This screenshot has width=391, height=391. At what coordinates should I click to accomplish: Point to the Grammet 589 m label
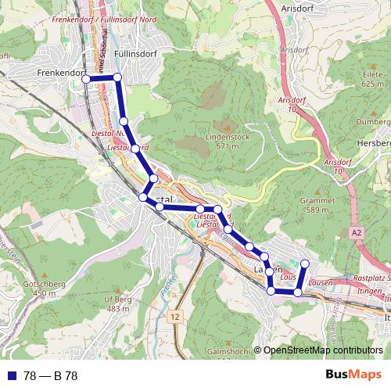pos(316,205)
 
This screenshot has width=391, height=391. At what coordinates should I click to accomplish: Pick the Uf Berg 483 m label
pos(118,303)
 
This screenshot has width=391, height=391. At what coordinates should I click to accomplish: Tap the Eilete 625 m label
pos(372,77)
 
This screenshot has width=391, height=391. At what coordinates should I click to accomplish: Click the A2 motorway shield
pos(357,232)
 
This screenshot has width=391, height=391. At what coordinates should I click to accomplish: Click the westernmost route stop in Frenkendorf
pos(87,78)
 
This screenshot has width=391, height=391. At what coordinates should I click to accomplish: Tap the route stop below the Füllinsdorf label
pos(117,77)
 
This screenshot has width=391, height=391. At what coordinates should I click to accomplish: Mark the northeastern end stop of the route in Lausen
pos(305,264)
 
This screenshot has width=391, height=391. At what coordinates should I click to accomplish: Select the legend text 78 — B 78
pos(50,376)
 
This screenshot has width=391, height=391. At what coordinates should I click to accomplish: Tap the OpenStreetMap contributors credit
pos(321,351)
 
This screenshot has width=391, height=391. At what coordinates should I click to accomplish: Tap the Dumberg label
pos(372,123)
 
